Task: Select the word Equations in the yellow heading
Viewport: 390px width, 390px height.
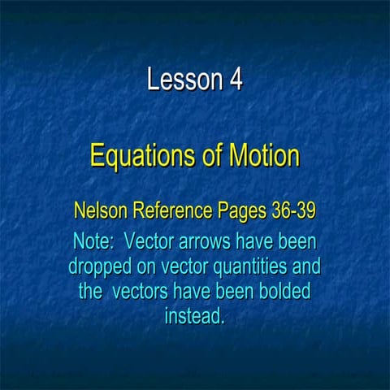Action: click(135, 155)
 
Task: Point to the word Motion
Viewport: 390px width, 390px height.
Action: click(260, 155)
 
